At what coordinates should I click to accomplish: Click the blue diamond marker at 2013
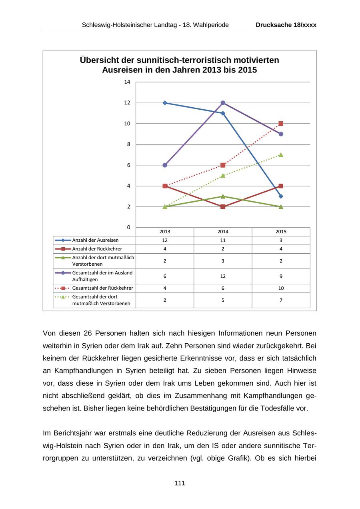(165, 103)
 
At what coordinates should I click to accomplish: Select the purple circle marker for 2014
(223, 103)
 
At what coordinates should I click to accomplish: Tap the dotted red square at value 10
(281, 124)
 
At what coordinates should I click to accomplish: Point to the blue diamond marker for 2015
(281, 196)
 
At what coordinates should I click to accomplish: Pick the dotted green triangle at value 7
(281, 155)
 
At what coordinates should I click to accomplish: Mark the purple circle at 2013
(165, 165)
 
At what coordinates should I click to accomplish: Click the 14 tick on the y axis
(127, 82)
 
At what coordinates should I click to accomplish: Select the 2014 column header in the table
(223, 232)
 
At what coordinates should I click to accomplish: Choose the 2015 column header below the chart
(281, 232)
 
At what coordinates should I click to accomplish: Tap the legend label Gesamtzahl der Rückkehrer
(102, 288)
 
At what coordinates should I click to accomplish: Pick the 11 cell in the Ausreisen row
(223, 240)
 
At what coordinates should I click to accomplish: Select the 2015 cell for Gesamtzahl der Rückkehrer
(281, 288)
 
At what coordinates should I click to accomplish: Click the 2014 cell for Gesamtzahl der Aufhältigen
(223, 276)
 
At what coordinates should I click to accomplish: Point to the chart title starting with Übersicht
(179, 65)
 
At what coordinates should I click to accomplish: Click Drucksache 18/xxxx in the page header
(286, 25)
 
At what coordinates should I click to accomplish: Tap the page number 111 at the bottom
(180, 483)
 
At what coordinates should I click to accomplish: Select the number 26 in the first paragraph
(89, 333)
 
